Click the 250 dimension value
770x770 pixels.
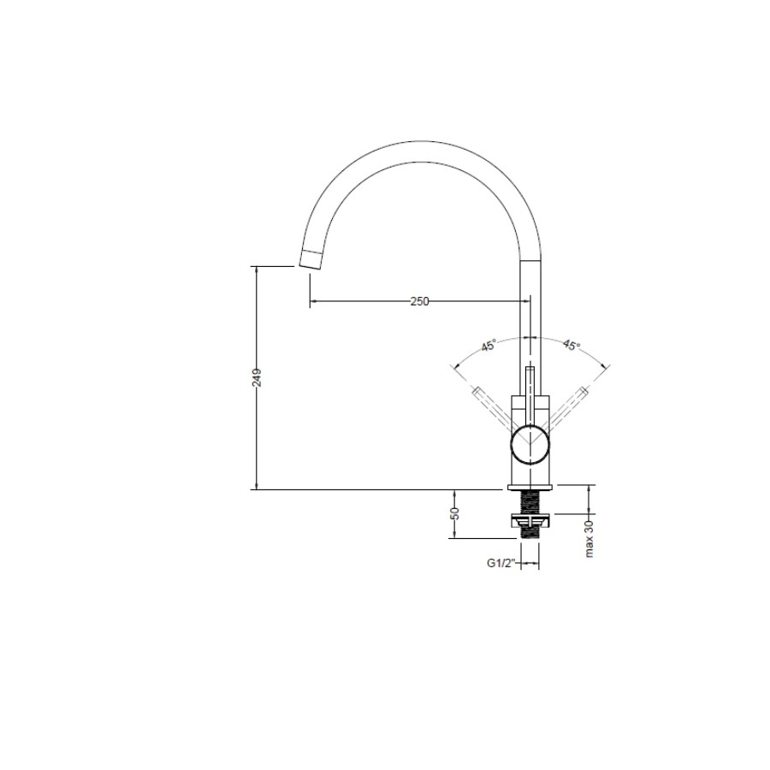tap(419, 301)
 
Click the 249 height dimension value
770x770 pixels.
tap(258, 377)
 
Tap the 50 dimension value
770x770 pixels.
tap(455, 513)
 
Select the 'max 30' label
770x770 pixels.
tap(589, 539)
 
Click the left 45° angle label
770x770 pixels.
tap(489, 346)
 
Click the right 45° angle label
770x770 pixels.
tap(572, 346)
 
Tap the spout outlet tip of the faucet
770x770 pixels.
tap(311, 258)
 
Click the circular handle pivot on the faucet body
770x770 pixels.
tap(530, 445)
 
